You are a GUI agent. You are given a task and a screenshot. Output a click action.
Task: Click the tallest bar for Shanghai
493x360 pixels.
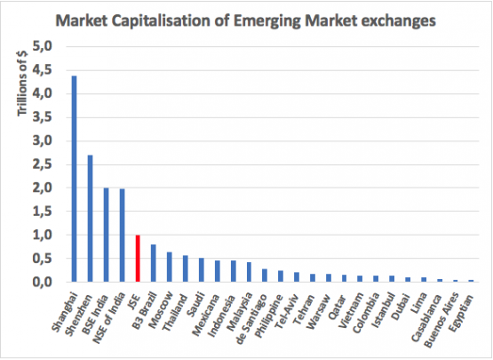pyautogui.click(x=74, y=179)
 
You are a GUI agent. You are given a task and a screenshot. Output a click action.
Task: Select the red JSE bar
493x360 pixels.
pyautogui.click(x=138, y=259)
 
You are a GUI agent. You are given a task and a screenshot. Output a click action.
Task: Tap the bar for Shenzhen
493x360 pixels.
pyautogui.click(x=90, y=219)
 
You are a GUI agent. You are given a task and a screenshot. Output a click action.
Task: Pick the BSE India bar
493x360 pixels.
pyautogui.click(x=106, y=235)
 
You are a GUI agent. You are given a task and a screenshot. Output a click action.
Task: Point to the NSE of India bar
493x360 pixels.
pyautogui.click(x=122, y=236)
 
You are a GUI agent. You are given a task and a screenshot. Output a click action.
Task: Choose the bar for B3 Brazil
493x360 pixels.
pyautogui.click(x=154, y=263)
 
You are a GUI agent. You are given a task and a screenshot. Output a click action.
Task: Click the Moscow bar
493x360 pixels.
pyautogui.click(x=169, y=267)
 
